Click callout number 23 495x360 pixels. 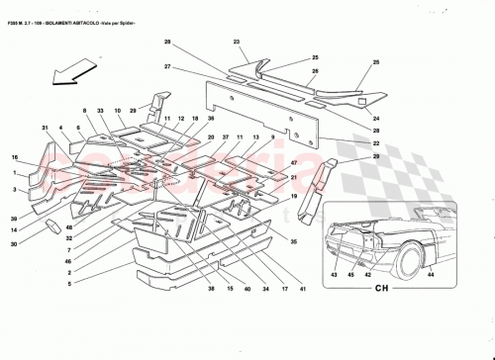tap(238, 41)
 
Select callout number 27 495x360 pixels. tap(168, 66)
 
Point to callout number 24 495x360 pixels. tap(376, 120)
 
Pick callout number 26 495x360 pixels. tap(315, 71)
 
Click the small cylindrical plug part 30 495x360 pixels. tap(52, 227)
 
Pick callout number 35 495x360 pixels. tap(293, 240)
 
